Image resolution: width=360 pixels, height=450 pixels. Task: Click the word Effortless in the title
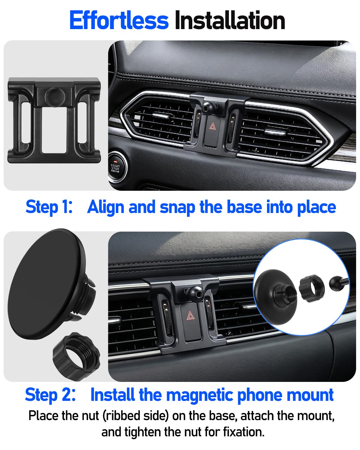pos(119,20)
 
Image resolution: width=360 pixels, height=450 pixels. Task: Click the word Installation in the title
pos(230,20)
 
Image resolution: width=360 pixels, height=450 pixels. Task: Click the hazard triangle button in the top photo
pos(212,127)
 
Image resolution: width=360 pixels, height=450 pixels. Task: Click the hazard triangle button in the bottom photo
pos(190,316)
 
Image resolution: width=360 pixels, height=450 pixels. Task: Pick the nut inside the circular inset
pos(312,289)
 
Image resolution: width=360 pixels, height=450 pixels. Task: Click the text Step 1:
pos(49,207)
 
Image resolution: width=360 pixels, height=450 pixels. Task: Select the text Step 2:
pos(50,395)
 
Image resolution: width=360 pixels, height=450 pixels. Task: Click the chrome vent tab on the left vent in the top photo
pos(160,115)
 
